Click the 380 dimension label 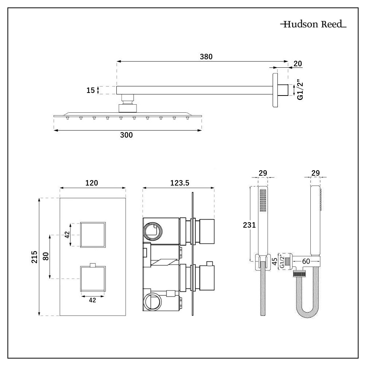(x=206, y=56)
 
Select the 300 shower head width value (x=126, y=135)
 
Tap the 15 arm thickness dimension (x=90, y=90)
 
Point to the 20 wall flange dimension (x=298, y=63)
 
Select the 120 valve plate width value (x=91, y=183)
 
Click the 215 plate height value (x=34, y=257)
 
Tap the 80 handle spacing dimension (x=46, y=257)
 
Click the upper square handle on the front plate (x=93, y=234)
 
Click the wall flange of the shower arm (x=275, y=90)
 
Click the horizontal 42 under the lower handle (x=93, y=300)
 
